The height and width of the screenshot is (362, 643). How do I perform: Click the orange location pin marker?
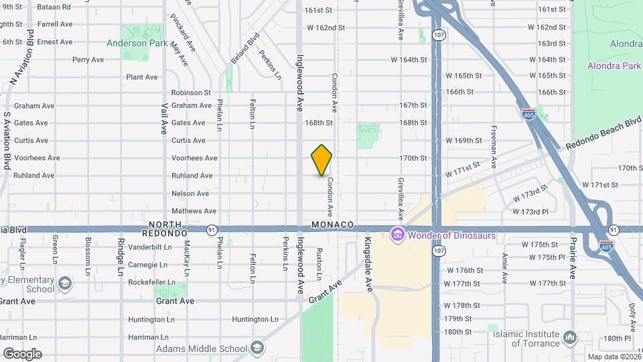pyautogui.click(x=321, y=160)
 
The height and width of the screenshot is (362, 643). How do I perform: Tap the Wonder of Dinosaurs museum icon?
pyautogui.click(x=397, y=235)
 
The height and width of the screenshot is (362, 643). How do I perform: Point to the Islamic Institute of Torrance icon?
pyautogui.click(x=569, y=335)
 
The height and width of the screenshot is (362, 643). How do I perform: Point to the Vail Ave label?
pyautogui.click(x=164, y=117)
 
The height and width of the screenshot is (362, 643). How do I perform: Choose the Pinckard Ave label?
pyautogui.click(x=177, y=29)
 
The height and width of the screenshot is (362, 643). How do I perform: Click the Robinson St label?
pyautogui.click(x=191, y=93)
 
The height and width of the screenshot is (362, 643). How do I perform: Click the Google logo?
pyautogui.click(x=22, y=353)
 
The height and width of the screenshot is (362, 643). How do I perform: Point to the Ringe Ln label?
pyautogui.click(x=121, y=257)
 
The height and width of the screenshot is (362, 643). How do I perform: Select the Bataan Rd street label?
pyautogui.click(x=55, y=7)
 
